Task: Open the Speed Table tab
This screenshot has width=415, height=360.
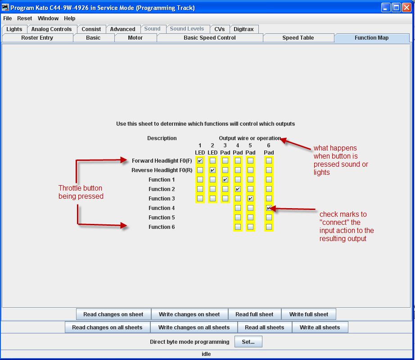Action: (x=298, y=38)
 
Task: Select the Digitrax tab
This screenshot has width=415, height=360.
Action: (x=244, y=29)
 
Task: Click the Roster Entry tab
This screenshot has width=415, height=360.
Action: (x=37, y=38)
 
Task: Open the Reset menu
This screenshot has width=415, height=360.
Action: (x=25, y=18)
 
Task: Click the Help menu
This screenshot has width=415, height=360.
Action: (x=70, y=18)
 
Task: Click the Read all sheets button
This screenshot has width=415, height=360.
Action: (x=265, y=327)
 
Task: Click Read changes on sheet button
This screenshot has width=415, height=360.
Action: (x=113, y=314)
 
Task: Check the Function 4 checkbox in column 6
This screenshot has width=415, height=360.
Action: (x=269, y=208)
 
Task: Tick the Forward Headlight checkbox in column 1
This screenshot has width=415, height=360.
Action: (x=200, y=160)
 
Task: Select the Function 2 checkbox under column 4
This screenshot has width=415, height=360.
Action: (x=238, y=189)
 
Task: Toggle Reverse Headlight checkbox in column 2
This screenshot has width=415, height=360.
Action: (x=212, y=170)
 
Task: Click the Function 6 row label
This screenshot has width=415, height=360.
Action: (x=162, y=227)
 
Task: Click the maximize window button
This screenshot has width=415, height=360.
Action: (x=396, y=8)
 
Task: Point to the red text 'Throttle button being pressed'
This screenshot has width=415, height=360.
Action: (x=80, y=192)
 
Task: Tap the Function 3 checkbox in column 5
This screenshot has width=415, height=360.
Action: (x=250, y=199)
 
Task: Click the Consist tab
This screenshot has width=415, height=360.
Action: (x=91, y=29)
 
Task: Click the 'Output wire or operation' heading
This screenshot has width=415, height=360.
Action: (x=250, y=138)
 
